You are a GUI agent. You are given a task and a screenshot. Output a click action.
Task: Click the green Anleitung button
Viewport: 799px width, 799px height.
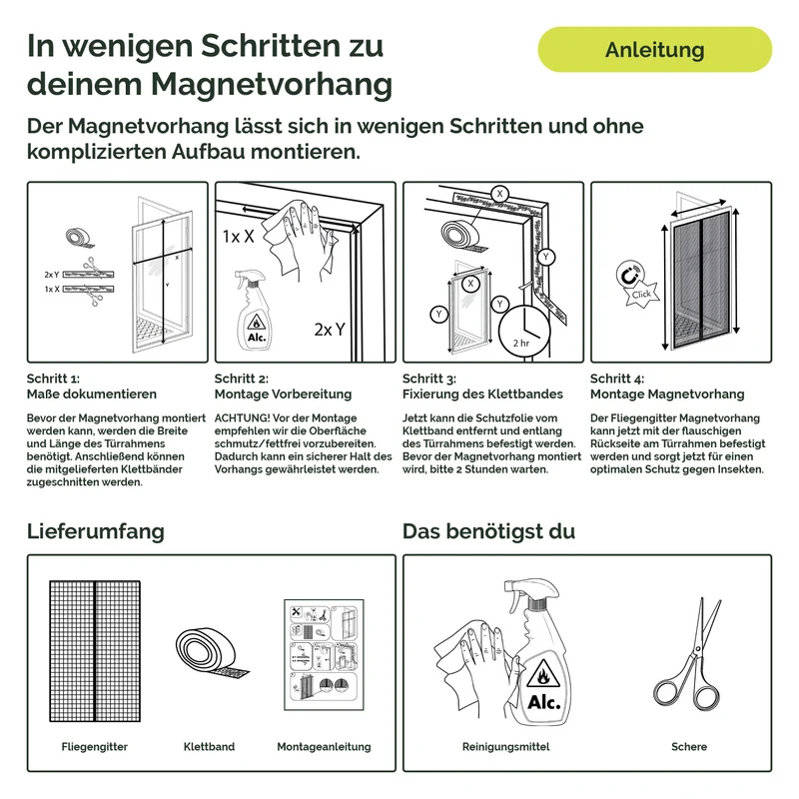point(655,49)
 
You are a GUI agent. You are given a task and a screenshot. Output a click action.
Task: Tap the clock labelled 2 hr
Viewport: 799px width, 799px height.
point(524,332)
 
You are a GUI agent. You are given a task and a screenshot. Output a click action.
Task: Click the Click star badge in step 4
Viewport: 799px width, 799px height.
point(642,294)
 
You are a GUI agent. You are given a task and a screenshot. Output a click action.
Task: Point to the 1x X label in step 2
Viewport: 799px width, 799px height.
point(238,236)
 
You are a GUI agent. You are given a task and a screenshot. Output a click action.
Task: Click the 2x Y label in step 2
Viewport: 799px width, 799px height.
point(330,330)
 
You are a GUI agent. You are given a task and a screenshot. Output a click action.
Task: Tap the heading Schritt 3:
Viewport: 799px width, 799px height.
point(429,379)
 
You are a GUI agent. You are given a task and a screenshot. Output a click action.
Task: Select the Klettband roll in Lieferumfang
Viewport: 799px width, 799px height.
point(211,656)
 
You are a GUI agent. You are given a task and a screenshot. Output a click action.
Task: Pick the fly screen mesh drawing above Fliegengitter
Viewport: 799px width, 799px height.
point(95,651)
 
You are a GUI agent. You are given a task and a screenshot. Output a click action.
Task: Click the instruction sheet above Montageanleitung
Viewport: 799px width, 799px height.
point(324,655)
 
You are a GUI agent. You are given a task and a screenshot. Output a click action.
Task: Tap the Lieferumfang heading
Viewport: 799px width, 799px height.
point(96,531)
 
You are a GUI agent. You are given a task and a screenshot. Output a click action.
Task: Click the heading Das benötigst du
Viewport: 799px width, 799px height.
point(488,531)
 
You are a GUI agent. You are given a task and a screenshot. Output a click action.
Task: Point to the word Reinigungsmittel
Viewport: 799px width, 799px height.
point(506,746)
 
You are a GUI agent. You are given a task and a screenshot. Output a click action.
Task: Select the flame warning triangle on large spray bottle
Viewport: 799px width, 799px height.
point(543,673)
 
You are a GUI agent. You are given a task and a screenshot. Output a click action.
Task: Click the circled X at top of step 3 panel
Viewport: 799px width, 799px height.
point(500,194)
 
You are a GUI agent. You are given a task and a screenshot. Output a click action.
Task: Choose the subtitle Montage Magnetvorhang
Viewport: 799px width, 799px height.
point(667,394)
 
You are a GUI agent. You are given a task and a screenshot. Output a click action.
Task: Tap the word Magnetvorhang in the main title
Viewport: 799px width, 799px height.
point(272,84)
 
